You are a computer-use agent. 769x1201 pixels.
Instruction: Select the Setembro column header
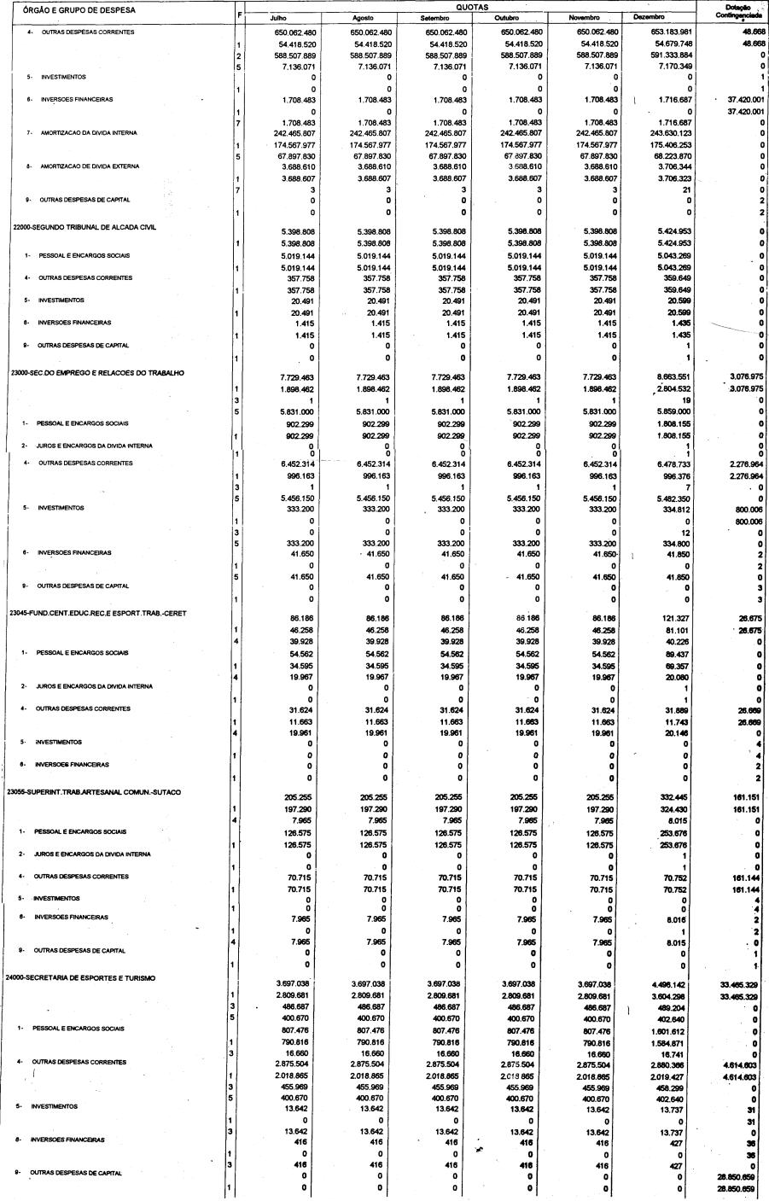click(x=435, y=18)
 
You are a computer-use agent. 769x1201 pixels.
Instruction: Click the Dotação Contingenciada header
click(x=733, y=13)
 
